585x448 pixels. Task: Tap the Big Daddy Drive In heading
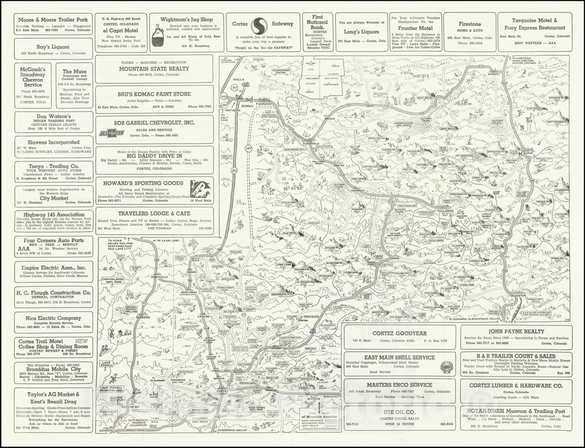coord(154,156)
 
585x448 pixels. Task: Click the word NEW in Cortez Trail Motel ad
coord(81,341)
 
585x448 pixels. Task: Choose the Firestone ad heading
coord(470,24)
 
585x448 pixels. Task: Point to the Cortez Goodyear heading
coord(399,334)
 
